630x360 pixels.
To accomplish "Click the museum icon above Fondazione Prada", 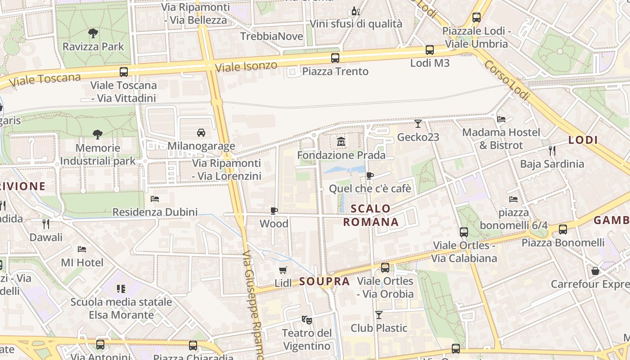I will tap(341, 142).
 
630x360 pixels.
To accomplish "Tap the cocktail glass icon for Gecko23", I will tap(418, 124).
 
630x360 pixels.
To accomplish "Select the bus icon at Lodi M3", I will tap(430, 50).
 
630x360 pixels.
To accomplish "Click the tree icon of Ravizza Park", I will tap(93, 33).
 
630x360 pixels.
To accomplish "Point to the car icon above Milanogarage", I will tap(201, 133).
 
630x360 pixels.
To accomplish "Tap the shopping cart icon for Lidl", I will tap(283, 270).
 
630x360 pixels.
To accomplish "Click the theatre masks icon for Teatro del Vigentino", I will tap(307, 320).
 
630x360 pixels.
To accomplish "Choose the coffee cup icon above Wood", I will tap(274, 211).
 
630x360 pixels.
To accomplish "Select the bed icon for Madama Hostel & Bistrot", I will tap(501, 119).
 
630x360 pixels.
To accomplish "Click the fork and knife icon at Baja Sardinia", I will tap(552, 151).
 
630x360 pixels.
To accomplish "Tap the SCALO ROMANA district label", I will tap(371, 215).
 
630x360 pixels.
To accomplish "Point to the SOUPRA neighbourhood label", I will tap(324, 282).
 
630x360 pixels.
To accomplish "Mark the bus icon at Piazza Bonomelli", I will tap(563, 229).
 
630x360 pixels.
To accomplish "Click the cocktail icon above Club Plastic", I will tap(379, 315).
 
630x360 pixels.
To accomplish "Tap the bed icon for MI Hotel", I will tap(82, 249).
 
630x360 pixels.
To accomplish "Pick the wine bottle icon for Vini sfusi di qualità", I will tap(355, 11).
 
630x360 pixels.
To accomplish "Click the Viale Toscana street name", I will tap(45, 80).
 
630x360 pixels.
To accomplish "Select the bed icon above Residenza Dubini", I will tap(155, 198).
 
